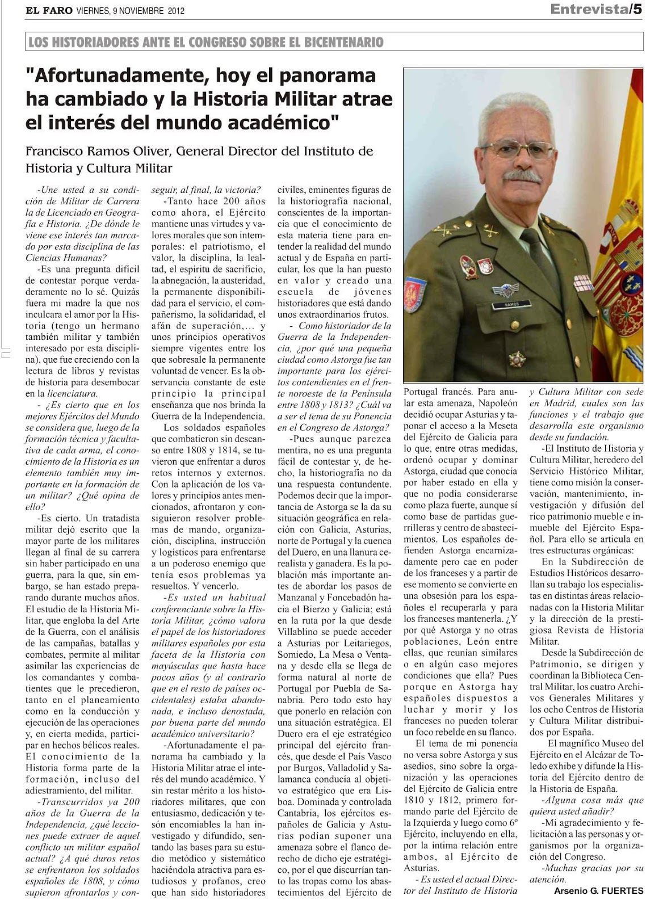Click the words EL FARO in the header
click(x=48, y=10)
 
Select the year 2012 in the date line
click(x=176, y=11)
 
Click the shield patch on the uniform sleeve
click(x=415, y=294)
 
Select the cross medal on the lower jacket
click(x=517, y=359)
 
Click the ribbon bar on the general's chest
click(x=582, y=282)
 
